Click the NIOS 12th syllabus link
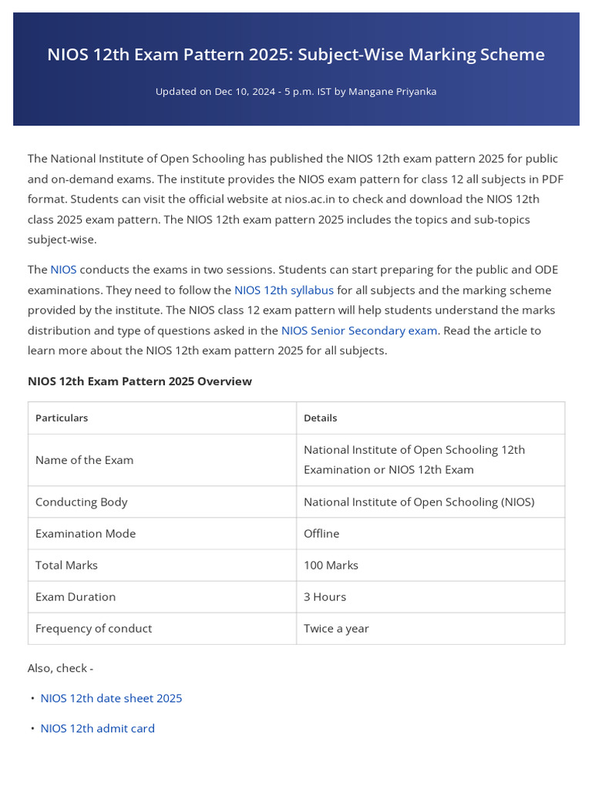coord(284,290)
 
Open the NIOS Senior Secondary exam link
coord(359,331)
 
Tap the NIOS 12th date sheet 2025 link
coord(111,698)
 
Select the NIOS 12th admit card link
coord(97,728)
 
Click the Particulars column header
coord(62,418)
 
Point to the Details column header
coord(321,418)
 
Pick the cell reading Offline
coord(321,533)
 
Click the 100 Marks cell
coord(331,565)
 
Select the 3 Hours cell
coord(325,596)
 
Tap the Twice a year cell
coord(336,628)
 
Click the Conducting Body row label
coord(81,502)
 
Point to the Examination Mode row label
coord(85,533)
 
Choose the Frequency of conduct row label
coord(93,628)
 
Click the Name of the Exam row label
coord(84,460)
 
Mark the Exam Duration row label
coord(75,596)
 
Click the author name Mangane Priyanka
coord(392,92)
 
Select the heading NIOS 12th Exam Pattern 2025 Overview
coord(140,381)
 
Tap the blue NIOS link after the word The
coord(63,270)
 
